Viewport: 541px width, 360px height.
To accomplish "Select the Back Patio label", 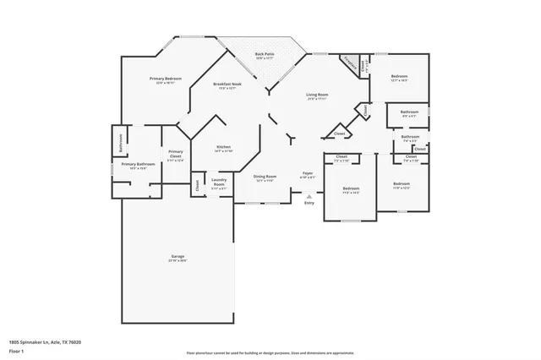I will pyautogui.click(x=264, y=55).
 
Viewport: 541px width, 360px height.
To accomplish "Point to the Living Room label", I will pyautogui.click(x=317, y=95).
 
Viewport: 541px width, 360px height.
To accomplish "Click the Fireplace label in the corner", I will pyautogui.click(x=347, y=61).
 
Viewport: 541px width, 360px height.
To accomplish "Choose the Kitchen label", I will pyautogui.click(x=223, y=147).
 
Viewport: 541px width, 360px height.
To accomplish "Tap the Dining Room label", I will pyautogui.click(x=265, y=176).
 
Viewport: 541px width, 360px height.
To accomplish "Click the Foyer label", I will pyautogui.click(x=309, y=173).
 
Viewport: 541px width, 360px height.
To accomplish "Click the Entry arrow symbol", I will pyautogui.click(x=309, y=194).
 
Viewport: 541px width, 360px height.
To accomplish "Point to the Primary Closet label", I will pyautogui.click(x=175, y=155).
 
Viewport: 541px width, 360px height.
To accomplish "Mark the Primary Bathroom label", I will pyautogui.click(x=137, y=164).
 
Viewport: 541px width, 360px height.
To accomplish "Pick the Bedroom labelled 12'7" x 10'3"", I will pyautogui.click(x=399, y=77).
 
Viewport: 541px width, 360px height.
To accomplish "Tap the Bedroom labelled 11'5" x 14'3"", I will pyautogui.click(x=350, y=188).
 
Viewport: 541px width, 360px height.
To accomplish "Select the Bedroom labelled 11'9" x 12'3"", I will pyautogui.click(x=401, y=183).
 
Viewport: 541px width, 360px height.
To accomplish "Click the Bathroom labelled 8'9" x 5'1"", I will pyautogui.click(x=409, y=112).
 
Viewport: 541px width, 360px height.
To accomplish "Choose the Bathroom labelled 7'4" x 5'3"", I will pyautogui.click(x=410, y=137).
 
